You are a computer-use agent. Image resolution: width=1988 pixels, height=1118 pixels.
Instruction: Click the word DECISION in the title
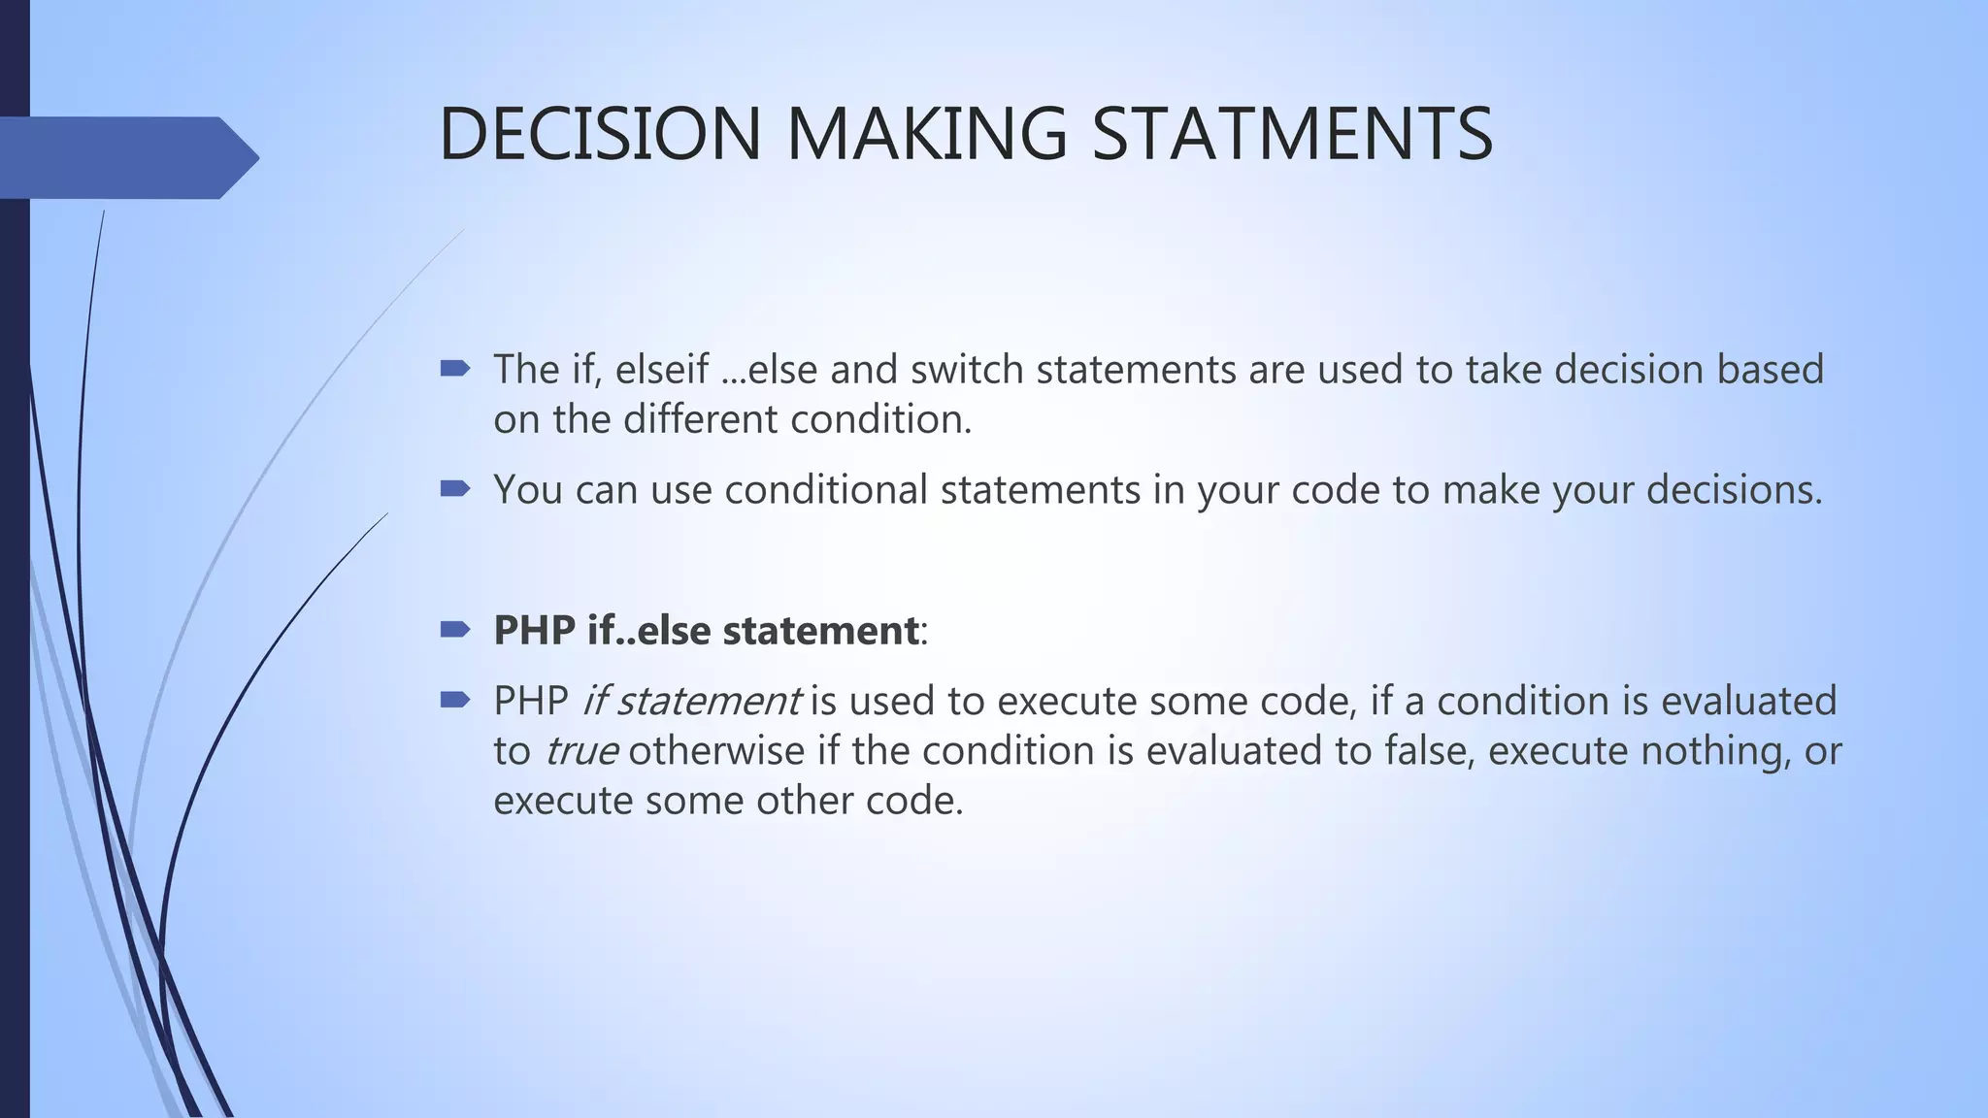pos(600,134)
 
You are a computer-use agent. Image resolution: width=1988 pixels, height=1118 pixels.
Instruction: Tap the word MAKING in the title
pos(926,134)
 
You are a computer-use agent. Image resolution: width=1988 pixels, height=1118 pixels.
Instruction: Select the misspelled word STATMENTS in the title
pos(1292,134)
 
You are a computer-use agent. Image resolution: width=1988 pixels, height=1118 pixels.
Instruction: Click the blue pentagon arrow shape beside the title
pos(126,157)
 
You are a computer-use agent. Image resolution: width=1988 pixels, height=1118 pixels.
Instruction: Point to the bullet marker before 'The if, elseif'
pos(454,369)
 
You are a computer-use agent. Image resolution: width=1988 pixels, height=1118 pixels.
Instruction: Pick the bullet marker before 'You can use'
pos(454,488)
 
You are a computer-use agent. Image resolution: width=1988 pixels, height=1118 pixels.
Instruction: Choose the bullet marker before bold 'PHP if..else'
pos(454,630)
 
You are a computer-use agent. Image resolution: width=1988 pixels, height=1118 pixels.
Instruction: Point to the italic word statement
pos(709,701)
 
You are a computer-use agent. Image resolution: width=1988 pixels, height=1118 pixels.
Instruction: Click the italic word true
pos(580,751)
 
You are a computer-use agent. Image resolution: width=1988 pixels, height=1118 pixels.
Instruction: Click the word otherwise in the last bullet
pos(716,751)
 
